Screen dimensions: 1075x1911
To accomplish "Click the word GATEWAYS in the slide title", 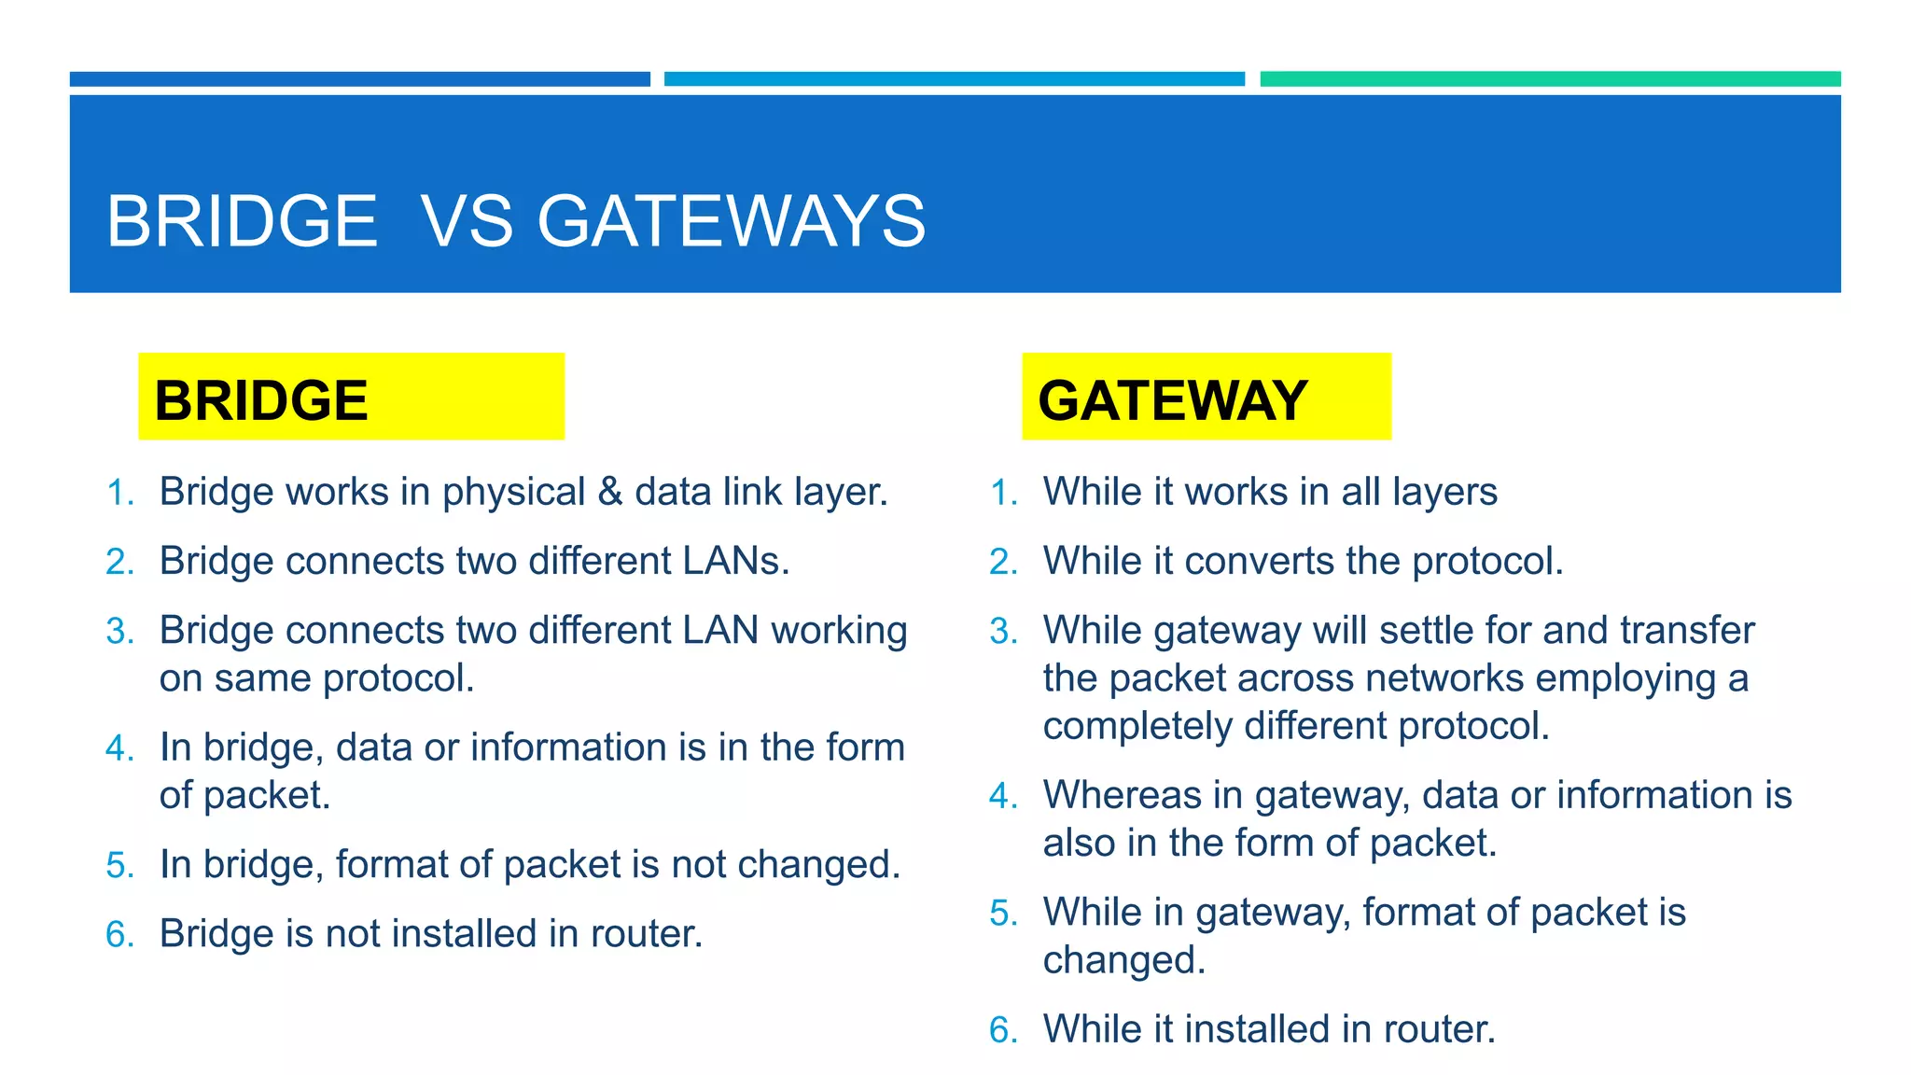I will (731, 222).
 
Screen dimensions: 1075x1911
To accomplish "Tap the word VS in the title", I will (467, 222).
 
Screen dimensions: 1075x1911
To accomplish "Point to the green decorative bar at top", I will (1550, 79).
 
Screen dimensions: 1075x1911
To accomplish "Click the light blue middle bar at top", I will (954, 79).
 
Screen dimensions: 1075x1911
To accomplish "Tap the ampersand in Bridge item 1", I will (610, 492).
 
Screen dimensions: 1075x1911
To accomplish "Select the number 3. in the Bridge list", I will (120, 632).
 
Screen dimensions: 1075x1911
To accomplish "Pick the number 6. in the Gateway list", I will (1004, 1030).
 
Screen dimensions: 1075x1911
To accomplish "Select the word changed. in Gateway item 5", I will (1124, 960).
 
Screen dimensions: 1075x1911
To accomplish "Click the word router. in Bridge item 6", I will (647, 934).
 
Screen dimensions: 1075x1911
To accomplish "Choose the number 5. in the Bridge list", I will (120, 865).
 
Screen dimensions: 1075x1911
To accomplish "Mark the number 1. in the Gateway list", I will (1004, 493).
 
